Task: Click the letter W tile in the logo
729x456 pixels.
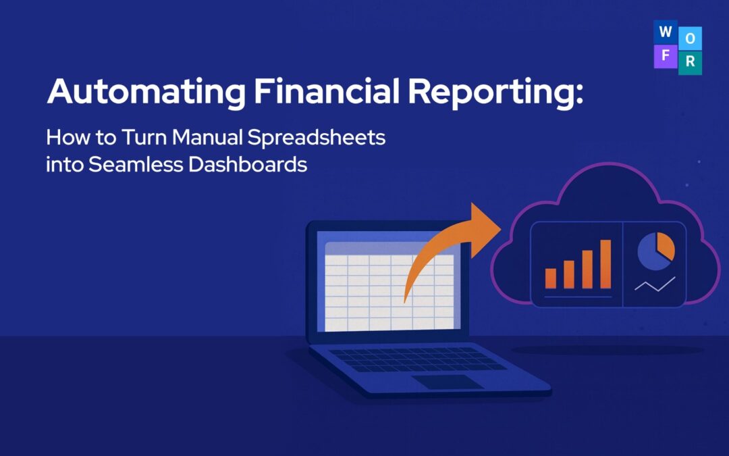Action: tap(664, 31)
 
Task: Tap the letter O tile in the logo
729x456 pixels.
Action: tap(689, 39)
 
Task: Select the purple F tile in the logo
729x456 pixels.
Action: tap(665, 55)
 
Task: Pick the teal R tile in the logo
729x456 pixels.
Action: tap(690, 62)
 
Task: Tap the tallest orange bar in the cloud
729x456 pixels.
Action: tap(605, 264)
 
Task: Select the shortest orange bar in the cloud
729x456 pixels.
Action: tap(551, 278)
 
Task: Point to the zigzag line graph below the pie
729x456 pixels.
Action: tap(654, 284)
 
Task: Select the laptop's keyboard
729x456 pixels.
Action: tap(418, 359)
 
